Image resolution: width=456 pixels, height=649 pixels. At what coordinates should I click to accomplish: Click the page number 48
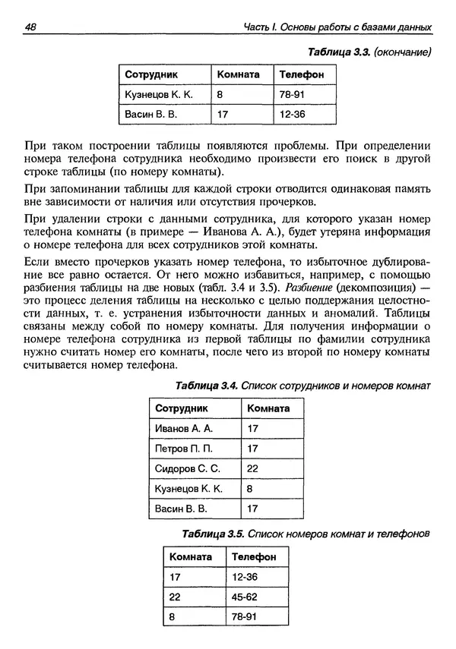coord(31,27)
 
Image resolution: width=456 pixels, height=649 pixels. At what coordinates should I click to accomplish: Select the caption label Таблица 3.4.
coord(207,386)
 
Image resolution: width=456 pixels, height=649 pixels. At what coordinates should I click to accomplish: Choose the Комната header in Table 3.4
coord(268,408)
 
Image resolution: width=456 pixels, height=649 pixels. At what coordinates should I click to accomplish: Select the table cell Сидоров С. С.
coord(187,468)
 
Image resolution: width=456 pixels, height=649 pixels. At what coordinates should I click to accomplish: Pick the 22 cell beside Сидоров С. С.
coord(253,468)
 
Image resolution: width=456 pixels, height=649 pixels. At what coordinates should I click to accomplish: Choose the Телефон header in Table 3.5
coord(254,557)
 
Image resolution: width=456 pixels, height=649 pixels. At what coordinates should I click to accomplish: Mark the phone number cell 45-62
coord(245,597)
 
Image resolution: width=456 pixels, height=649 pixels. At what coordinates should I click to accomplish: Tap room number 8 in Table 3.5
coord(173,616)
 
